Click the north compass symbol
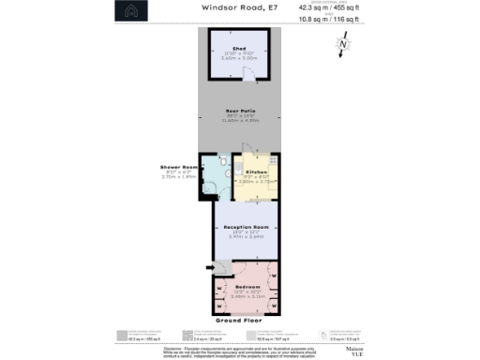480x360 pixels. [344, 43]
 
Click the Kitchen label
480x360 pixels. [256, 172]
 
